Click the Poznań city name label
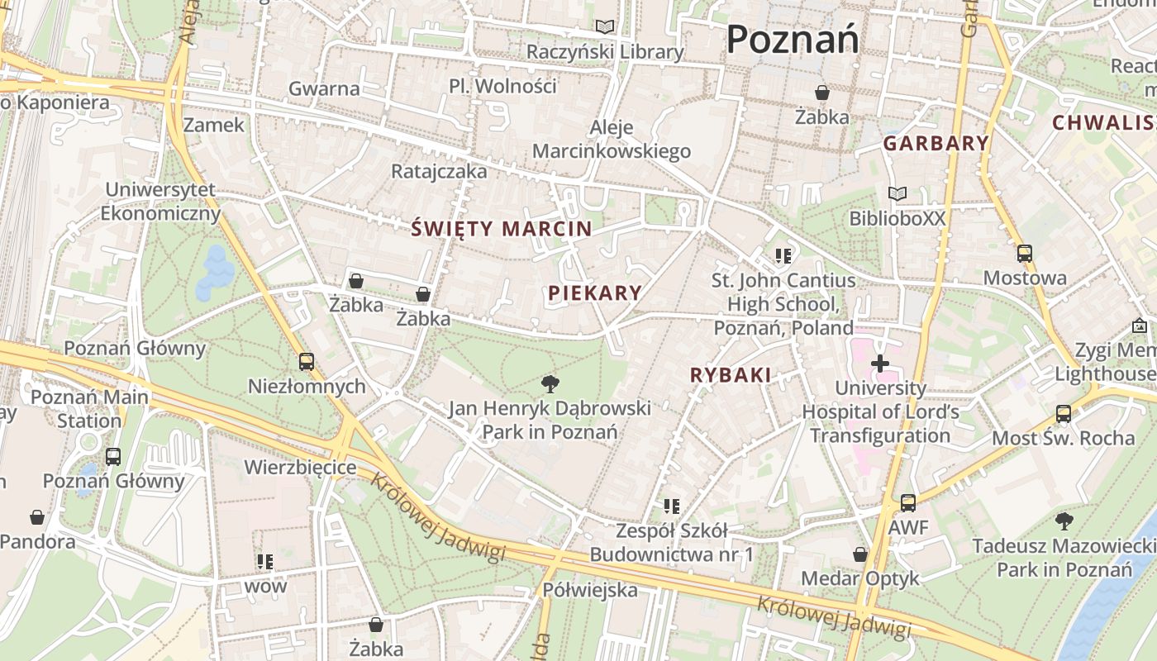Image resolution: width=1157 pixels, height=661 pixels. click(x=793, y=39)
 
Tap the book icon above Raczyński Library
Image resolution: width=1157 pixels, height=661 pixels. click(x=606, y=27)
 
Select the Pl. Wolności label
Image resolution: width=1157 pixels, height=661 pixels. click(x=502, y=86)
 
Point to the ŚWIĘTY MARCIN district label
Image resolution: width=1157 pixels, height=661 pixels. click(x=502, y=229)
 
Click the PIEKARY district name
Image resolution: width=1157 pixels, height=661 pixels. click(x=595, y=292)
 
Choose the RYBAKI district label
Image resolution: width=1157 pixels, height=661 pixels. click(x=731, y=375)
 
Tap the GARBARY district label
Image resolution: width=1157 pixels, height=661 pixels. click(x=936, y=143)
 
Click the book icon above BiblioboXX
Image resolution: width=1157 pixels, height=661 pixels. click(x=897, y=193)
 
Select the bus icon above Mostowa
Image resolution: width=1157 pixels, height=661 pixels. click(x=1025, y=254)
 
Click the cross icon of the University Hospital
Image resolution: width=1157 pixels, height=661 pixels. click(x=880, y=363)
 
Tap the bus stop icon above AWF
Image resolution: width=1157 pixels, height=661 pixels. click(x=908, y=502)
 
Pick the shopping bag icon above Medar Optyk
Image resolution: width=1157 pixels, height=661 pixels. click(x=860, y=554)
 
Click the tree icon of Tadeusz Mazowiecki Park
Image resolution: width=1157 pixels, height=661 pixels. click(x=1064, y=521)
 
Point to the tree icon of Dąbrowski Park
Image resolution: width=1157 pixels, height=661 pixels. click(x=550, y=383)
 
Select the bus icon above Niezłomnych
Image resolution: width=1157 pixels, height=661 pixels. click(x=307, y=361)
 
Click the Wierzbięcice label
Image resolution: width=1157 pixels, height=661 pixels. click(x=300, y=468)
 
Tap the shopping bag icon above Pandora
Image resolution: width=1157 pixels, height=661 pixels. click(x=37, y=517)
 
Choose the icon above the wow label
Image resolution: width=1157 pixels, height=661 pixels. click(x=264, y=562)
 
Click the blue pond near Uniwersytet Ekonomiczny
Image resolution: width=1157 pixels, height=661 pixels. click(x=215, y=271)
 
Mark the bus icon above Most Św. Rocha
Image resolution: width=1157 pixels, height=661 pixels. click(x=1064, y=413)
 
